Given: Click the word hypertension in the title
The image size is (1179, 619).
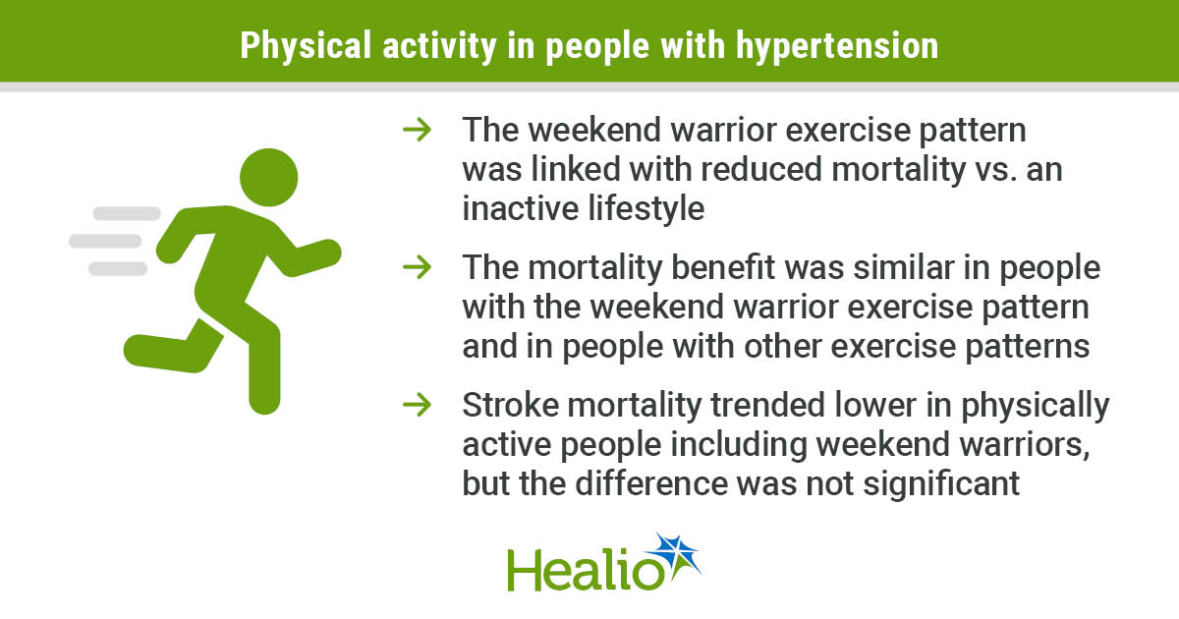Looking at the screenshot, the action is tap(837, 46).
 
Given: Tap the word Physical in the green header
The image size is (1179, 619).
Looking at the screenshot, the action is tap(306, 46).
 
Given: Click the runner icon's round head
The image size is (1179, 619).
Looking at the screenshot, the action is tap(269, 178).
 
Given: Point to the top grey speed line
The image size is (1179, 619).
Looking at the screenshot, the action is tap(127, 213).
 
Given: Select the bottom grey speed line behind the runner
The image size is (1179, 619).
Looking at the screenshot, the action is tap(118, 268).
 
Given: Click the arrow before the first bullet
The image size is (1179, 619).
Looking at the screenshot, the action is tap(417, 130).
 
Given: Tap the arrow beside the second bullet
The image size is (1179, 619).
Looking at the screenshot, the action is tap(417, 267).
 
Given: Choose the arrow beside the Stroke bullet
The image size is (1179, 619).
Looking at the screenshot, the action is tap(417, 405).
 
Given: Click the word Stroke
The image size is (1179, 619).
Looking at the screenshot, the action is tap(511, 405).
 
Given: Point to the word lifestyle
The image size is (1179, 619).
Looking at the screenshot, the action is tap(646, 209).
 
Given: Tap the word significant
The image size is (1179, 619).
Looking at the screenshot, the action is tap(941, 484).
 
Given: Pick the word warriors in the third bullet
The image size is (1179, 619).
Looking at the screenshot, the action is tap(1024, 445).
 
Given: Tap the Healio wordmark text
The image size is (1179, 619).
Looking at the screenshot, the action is tap(586, 570).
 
